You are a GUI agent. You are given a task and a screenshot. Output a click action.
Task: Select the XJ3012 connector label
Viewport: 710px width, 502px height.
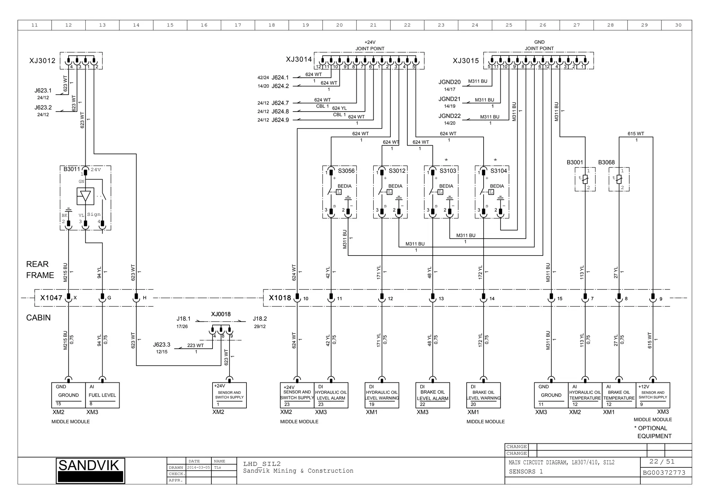coord(42,61)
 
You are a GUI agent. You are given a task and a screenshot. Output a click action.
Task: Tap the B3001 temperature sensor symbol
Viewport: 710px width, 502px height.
coord(585,179)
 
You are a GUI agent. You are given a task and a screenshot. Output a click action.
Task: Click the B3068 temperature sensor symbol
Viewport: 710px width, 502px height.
coord(619,179)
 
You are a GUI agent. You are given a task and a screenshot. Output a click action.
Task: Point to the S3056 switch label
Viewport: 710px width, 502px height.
coord(346,171)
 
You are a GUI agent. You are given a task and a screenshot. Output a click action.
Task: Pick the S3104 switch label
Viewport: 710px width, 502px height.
coord(499,171)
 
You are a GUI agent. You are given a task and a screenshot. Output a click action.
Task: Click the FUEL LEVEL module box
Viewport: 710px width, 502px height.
coord(102,395)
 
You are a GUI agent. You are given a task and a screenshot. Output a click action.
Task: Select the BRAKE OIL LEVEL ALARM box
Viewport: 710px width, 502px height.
coord(432,395)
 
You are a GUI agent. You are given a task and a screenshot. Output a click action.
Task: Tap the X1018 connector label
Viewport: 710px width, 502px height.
coord(280,298)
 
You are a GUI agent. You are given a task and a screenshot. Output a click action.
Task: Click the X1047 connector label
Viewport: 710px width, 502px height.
coord(51,298)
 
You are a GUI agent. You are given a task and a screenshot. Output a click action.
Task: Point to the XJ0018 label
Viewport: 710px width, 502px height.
coord(221,314)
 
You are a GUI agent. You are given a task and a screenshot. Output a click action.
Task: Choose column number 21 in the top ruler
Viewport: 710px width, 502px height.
coord(373,25)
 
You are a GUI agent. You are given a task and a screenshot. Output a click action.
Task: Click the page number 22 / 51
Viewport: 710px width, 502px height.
coord(662,461)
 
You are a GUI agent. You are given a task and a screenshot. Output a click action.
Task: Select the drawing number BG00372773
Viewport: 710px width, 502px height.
coord(664,473)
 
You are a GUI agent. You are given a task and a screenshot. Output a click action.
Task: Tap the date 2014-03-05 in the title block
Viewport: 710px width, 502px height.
coord(199,467)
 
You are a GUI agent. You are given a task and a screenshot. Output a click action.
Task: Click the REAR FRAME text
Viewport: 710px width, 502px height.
coord(40,270)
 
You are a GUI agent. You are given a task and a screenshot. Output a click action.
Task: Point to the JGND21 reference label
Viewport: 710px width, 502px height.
coord(449,99)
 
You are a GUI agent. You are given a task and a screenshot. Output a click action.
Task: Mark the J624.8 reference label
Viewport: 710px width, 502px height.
coord(280,112)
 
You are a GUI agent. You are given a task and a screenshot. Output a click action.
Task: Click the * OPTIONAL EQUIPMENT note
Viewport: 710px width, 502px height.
coord(653,432)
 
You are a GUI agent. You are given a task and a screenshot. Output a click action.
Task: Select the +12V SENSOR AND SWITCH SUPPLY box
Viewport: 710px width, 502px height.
coord(653,395)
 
